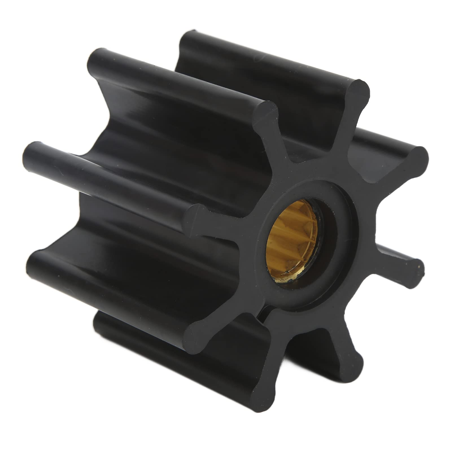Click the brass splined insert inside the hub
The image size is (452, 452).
291,243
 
